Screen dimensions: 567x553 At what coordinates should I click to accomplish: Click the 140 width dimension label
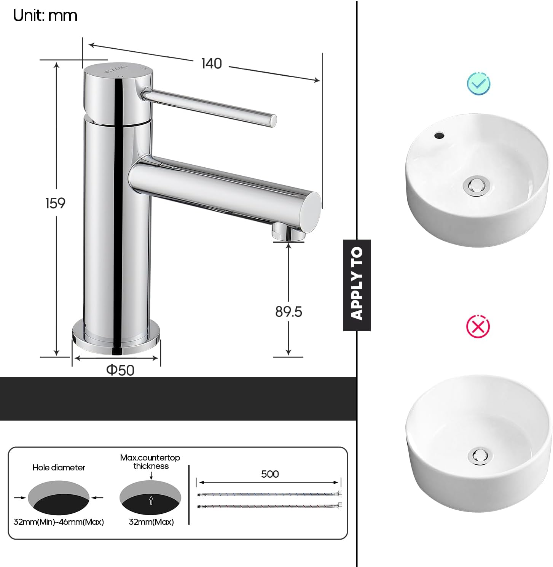pos(211,64)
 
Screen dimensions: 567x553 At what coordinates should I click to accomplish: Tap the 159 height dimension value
pos(55,203)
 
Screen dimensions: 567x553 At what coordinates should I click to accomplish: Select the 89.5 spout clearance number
pos(288,312)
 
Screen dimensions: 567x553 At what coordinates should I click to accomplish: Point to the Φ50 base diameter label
pos(120,370)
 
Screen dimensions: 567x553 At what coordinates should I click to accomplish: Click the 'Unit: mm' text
pos(45,16)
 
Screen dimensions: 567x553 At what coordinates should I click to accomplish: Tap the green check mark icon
pos(478,83)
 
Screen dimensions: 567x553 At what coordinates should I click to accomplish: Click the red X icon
pos(478,326)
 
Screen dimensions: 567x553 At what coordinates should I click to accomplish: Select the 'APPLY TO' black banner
pos(357,285)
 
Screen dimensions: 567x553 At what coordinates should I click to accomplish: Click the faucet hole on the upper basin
pos(439,135)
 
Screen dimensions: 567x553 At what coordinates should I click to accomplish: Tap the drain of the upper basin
pos(475,185)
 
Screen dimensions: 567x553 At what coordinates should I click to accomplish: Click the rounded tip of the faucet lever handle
pos(273,121)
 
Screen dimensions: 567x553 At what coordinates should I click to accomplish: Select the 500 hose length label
pos(270,474)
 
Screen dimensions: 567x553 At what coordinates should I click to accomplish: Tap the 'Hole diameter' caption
pos(59,468)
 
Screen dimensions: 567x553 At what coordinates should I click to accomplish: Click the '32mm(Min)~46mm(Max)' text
pos(59,522)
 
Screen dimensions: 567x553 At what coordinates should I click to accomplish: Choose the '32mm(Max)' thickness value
pos(151,522)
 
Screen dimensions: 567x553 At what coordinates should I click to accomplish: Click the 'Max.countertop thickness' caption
pos(150,462)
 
